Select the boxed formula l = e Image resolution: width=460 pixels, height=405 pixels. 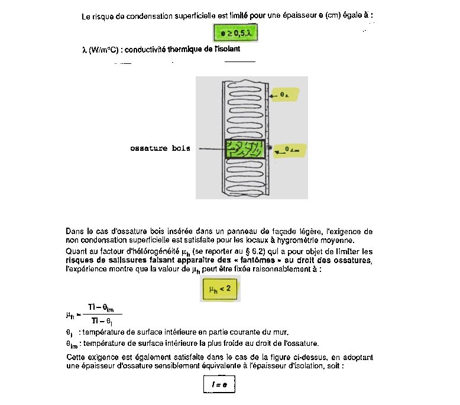219,385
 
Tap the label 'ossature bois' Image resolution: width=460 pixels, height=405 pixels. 160,148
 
